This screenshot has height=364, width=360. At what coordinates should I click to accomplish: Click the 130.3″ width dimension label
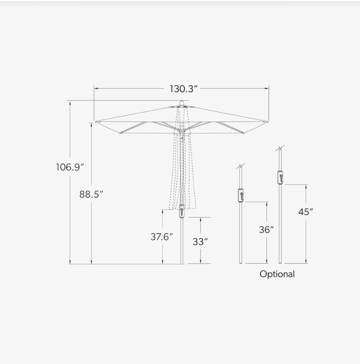tap(183, 89)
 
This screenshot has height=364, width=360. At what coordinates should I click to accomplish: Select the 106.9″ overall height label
tap(70, 167)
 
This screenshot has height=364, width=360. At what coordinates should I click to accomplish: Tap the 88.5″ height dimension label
tap(91, 194)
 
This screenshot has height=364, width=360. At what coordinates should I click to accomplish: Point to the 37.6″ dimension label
tap(162, 237)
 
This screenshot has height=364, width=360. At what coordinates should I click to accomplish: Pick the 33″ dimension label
tap(200, 242)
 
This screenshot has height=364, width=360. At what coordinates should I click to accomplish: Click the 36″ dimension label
tap(266, 230)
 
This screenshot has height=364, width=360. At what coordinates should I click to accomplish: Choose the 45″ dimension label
tap(306, 212)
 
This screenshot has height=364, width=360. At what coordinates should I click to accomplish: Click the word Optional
tap(277, 274)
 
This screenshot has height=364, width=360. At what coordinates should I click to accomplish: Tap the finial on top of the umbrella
tap(182, 103)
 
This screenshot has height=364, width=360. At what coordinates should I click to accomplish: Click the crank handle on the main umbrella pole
tap(182, 211)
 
